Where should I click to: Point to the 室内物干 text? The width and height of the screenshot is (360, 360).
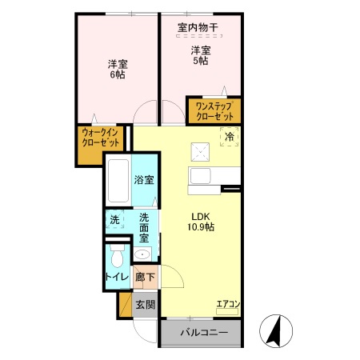coord(198,28)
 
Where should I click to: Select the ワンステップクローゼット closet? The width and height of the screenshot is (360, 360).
coord(214,110)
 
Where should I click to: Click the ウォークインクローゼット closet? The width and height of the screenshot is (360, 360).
coord(101,137)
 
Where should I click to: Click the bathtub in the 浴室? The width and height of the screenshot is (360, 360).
coord(118,182)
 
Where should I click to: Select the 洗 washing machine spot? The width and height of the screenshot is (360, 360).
coord(114,219)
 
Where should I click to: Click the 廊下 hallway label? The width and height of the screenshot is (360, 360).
coord(145,277)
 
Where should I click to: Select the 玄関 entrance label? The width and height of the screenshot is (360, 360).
coord(145,305)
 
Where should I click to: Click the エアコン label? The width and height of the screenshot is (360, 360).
coord(228,304)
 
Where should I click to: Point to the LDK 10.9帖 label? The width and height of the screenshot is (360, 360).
coord(201,221)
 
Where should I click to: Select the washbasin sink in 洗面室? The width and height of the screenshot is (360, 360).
coord(143,254)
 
